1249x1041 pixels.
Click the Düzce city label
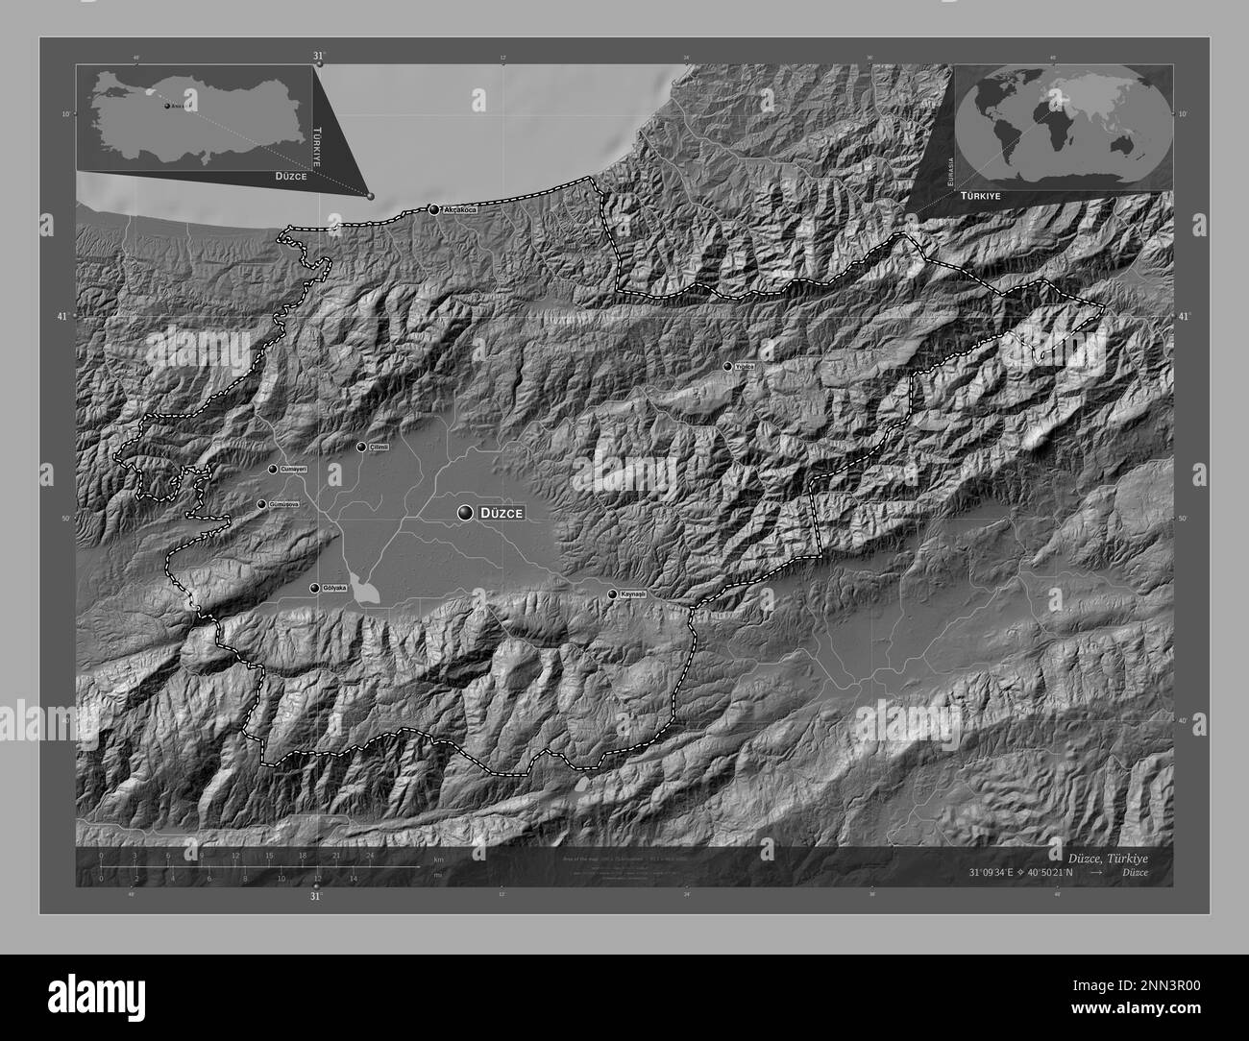503,514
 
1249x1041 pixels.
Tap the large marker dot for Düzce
466,514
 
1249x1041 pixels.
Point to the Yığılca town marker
727,366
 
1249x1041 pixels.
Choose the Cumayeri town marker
273,469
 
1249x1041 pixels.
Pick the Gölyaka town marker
313,588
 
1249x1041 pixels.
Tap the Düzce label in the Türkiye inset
289,178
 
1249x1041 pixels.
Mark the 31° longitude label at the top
318,56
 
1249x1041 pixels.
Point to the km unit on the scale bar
438,859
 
